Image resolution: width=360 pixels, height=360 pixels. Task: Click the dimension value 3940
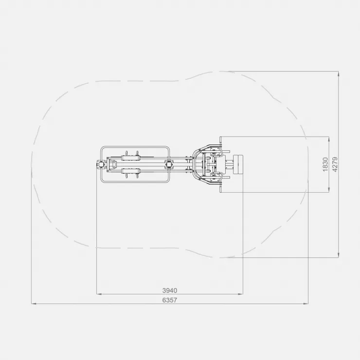[x=170, y=290]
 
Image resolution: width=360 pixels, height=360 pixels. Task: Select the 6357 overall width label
[x=170, y=300]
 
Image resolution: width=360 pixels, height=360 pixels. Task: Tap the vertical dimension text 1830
[x=325, y=164]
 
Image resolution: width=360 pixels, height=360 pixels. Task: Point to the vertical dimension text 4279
[x=335, y=164]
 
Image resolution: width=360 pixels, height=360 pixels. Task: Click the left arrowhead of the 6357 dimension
[x=34, y=304]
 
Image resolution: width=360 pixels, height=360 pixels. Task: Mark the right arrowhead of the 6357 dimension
[x=306, y=304]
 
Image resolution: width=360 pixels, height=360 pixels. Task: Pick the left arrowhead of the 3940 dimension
[x=99, y=294]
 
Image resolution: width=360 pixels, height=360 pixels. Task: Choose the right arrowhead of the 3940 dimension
[x=240, y=294]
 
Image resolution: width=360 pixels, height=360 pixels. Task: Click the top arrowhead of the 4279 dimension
[x=339, y=73]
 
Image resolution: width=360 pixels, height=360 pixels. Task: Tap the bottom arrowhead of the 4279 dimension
[x=339, y=255]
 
